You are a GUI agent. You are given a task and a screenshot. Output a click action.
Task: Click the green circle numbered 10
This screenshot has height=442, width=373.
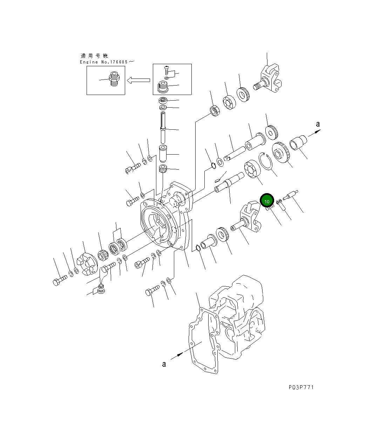pos(267,201)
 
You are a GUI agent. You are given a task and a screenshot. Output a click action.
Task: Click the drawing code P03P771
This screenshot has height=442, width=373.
pos(301,387)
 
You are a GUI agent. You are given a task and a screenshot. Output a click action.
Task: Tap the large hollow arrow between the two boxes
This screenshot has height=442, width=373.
pos(138,80)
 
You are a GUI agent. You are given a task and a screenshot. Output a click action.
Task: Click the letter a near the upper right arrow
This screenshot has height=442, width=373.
pos(318,124)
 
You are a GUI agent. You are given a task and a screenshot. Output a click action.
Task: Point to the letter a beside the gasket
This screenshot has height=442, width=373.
pos(164,364)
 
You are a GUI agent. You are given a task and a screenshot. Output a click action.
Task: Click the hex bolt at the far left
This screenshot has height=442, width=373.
pos(59,280)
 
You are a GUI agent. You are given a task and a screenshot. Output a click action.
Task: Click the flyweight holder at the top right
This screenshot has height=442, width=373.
pos(270,79)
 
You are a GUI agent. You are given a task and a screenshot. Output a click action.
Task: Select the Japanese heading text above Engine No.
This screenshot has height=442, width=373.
pos(94,56)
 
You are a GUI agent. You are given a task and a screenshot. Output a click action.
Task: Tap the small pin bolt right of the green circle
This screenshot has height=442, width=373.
pos(291,195)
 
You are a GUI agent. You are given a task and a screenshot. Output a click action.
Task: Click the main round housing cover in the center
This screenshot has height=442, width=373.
pos(158,224)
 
